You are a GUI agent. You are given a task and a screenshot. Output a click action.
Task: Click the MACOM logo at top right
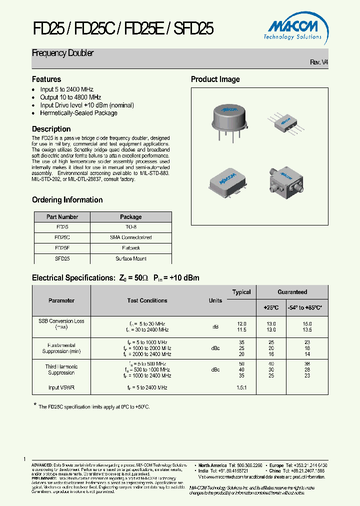[293, 28]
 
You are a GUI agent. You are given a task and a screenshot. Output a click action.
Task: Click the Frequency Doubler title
[63, 53]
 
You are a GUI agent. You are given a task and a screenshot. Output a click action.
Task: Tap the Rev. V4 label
[319, 62]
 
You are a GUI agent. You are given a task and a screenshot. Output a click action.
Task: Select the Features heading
[46, 79]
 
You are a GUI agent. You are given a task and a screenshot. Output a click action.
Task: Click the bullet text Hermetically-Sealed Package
[78, 113]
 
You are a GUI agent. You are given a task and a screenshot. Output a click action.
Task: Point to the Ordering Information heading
[67, 200]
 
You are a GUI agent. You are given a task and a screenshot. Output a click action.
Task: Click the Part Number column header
[62, 217]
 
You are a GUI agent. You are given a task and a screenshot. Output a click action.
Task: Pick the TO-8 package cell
[131, 227]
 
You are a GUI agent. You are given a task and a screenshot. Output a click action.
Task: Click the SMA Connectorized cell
[131, 237]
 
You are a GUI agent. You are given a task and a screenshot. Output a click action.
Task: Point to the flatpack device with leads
[286, 120]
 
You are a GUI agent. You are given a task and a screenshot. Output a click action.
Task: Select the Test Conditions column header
[147, 300]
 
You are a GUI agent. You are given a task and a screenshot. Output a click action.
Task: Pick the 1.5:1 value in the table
[242, 387]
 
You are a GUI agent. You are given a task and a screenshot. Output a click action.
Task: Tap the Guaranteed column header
[292, 292]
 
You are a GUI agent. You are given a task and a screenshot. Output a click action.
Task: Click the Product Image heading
[215, 79]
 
